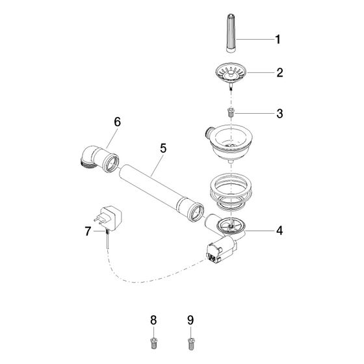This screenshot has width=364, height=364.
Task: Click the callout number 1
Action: pos(278,39)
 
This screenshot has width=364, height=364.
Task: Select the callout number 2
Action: pos(279,73)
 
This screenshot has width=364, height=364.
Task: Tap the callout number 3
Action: pos(279,114)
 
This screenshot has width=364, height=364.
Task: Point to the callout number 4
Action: pos(279,231)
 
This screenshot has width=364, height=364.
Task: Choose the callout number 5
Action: pos(163,148)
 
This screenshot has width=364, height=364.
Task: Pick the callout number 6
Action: pos(118,122)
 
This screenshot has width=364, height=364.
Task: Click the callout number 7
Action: pos(88,231)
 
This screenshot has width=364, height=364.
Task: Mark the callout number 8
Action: pos(153,320)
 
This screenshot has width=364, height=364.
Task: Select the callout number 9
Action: pos(190,320)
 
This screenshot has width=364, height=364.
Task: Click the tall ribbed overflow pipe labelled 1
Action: pos(231,34)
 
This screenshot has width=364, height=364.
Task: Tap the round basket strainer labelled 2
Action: pos(231,73)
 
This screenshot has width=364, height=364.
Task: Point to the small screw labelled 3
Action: pos(231,112)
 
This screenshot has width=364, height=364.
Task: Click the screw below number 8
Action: pos(153,343)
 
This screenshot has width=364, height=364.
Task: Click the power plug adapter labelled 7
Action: pos(109,218)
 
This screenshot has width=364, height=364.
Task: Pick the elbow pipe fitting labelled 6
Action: pos(99,159)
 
